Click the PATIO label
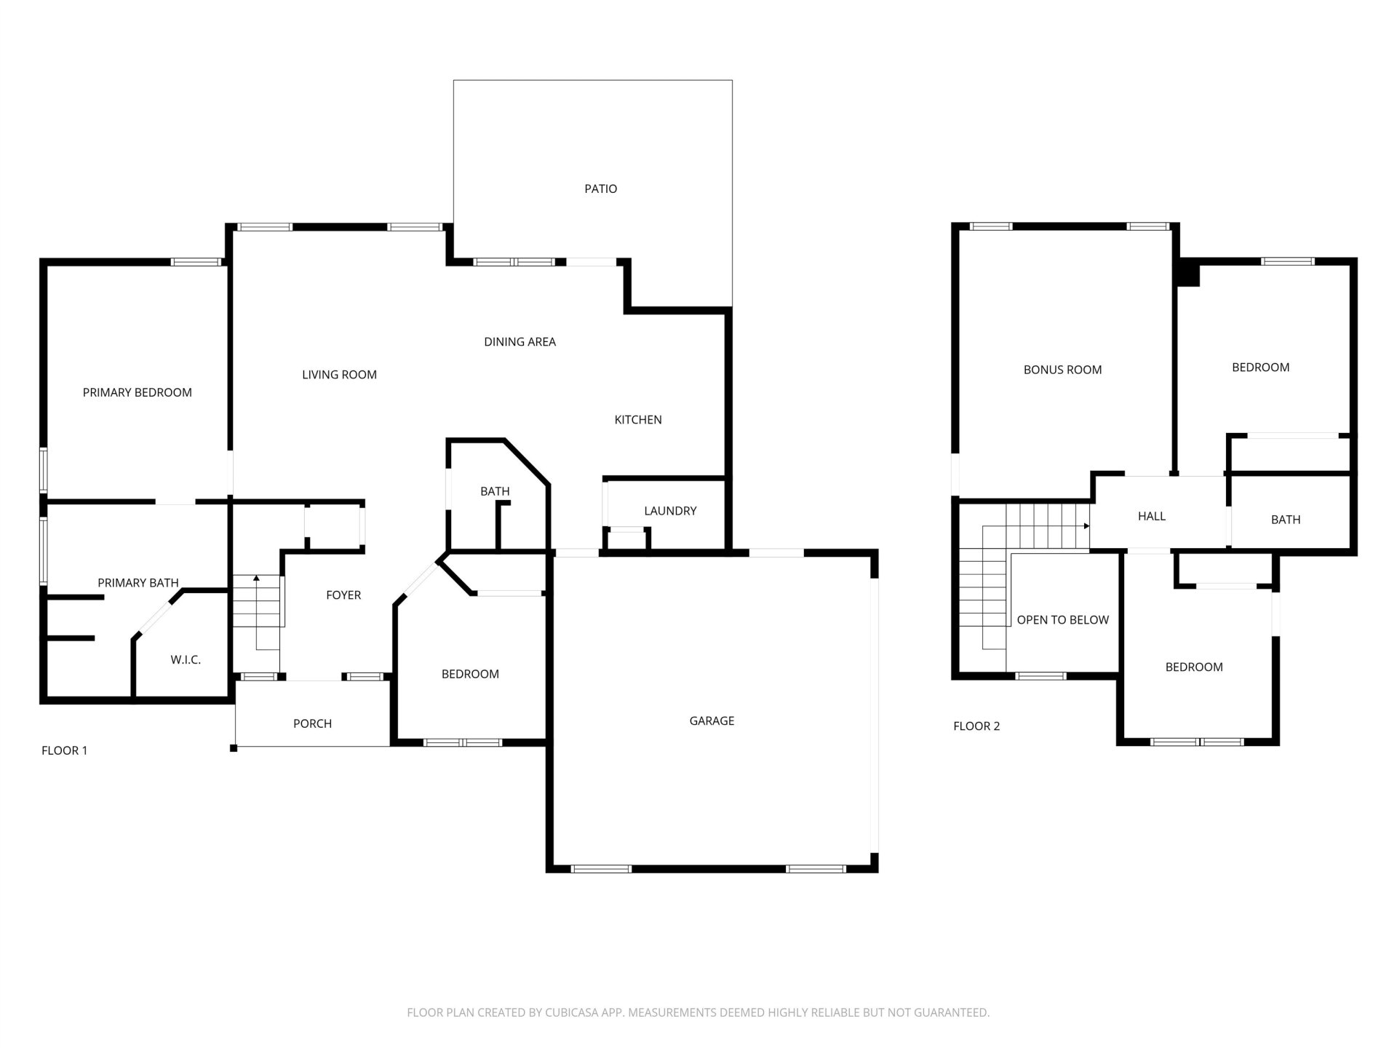tap(600, 188)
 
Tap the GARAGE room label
tap(712, 720)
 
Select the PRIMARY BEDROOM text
tap(138, 392)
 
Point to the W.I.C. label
tap(186, 659)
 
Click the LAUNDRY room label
tap(670, 511)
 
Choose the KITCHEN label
tap(638, 419)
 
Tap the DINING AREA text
tap(520, 341)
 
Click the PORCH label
tap(312, 723)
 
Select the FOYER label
tap(343, 595)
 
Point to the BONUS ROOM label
tap(1062, 370)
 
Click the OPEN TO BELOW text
tap(1062, 620)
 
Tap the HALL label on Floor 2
tap(1152, 516)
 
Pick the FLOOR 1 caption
tap(64, 750)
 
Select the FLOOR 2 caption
tap(976, 726)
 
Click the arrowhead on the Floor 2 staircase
tap(1087, 525)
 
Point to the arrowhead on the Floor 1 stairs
tap(256, 578)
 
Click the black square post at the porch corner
tap(234, 747)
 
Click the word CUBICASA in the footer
tap(571, 1012)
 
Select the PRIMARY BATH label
tap(138, 583)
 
